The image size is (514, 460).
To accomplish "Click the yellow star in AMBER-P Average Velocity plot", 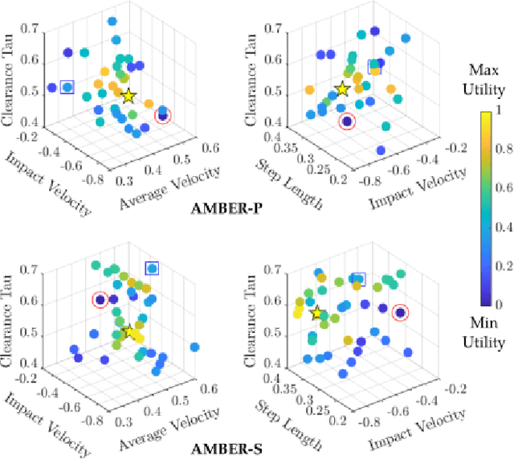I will click(x=128, y=97).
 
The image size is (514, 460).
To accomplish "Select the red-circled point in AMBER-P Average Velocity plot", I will click(x=163, y=115).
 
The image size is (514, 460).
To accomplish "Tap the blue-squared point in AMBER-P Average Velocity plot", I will click(x=67, y=87).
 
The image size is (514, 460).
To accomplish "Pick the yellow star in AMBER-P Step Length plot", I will click(x=342, y=88).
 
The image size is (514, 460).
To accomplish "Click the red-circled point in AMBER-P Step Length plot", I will click(x=346, y=121).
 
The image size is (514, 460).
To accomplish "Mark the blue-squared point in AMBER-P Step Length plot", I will click(x=374, y=67).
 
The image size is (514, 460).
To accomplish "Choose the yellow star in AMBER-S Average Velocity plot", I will click(x=128, y=331).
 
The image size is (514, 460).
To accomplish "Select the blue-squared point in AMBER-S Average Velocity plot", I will click(x=151, y=268).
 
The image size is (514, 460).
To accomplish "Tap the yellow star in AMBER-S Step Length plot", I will click(x=317, y=313).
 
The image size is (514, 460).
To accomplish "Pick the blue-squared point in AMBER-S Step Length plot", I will click(x=358, y=279).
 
